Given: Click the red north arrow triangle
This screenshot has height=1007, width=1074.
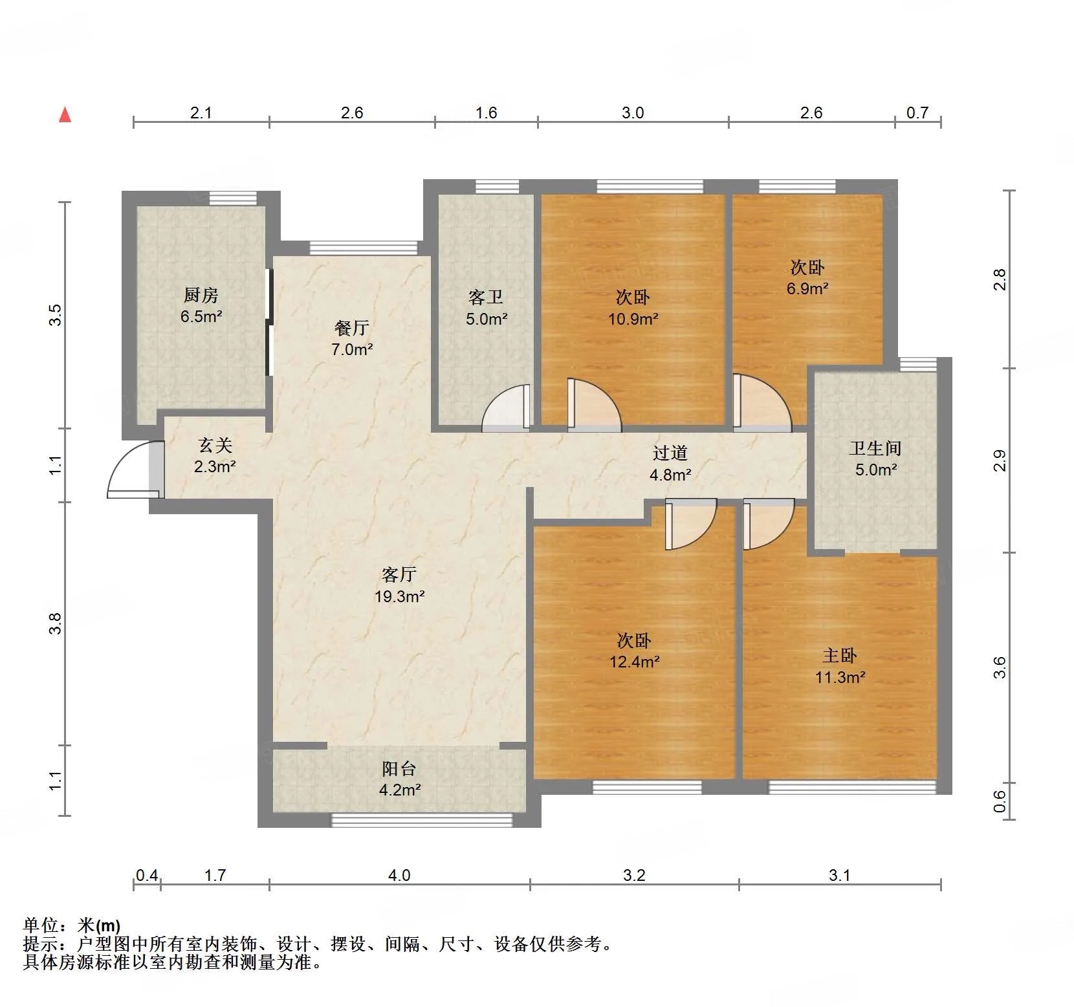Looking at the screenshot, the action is [65, 114].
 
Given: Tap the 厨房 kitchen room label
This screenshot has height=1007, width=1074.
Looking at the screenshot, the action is [201, 296].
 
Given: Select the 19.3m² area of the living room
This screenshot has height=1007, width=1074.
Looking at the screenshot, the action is [399, 596].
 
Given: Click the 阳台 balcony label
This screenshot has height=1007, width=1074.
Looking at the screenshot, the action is [399, 768].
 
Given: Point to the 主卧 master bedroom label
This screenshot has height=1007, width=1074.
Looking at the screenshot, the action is [840, 656].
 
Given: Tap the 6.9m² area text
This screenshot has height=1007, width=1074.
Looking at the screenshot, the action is [807, 288].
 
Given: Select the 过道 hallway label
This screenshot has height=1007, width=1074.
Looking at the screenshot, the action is [670, 453].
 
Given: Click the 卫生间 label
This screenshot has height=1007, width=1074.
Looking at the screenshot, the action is [875, 448].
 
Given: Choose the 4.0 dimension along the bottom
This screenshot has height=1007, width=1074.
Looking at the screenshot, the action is [399, 875].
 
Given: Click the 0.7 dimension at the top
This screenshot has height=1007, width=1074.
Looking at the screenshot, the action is [917, 113].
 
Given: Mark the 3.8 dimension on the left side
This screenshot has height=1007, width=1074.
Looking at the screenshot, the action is [56, 623].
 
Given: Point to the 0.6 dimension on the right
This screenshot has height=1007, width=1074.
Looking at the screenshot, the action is [1000, 802].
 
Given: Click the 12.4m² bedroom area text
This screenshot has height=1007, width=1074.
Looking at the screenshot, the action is [634, 662].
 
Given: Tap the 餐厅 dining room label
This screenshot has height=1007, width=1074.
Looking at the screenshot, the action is [352, 328].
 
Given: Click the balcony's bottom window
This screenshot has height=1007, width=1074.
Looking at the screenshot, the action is [422, 819].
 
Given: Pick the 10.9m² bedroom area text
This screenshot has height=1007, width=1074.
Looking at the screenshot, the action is [633, 318].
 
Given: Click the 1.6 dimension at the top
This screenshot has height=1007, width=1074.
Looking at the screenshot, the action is [486, 113].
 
